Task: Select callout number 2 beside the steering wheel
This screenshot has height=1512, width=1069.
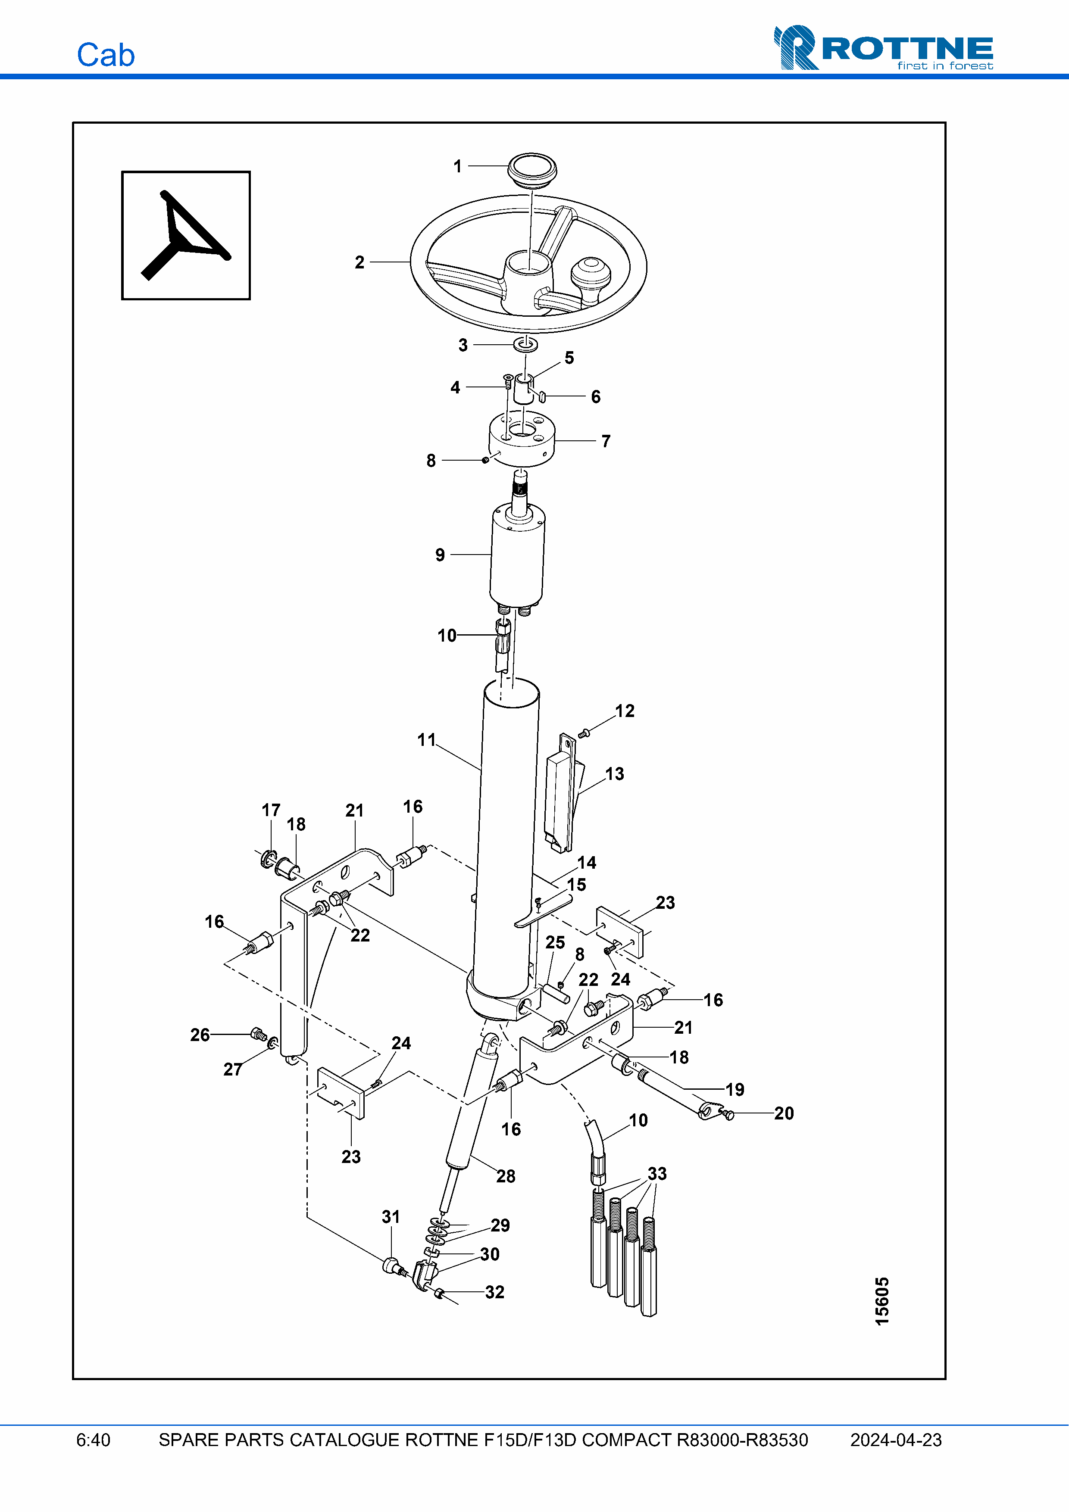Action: coord(359,262)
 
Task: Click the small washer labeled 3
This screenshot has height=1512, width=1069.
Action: coord(525,344)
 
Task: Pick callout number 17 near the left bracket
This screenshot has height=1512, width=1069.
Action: coord(271,810)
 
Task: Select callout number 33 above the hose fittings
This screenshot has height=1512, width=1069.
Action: coord(656,1173)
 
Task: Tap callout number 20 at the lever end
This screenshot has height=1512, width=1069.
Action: coord(783,1113)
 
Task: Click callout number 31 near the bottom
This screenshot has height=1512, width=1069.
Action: coord(391,1216)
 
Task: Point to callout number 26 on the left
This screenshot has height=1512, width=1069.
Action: coord(200,1035)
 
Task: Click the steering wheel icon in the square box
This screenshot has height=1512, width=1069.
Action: coord(186,235)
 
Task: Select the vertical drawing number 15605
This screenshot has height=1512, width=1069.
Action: coord(881,1301)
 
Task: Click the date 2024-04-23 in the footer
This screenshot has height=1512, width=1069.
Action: coord(895,1440)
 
